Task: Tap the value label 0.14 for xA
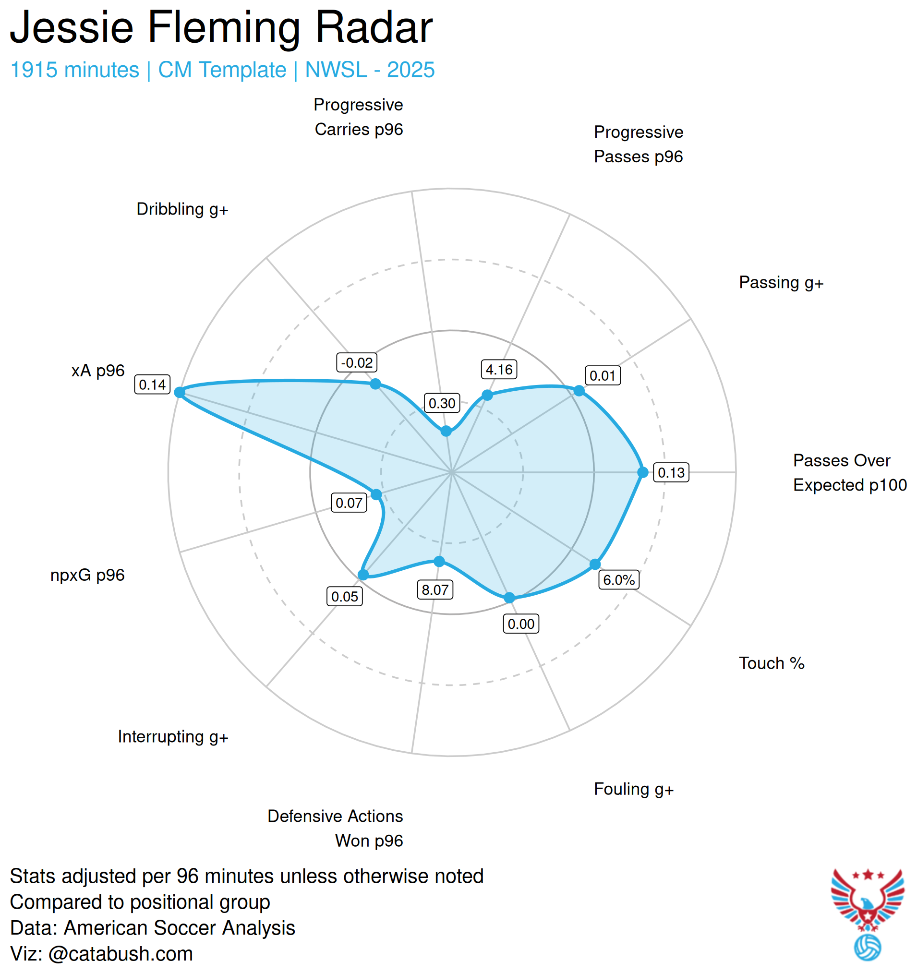[152, 384]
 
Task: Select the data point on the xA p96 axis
[180, 392]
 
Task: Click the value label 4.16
[499, 370]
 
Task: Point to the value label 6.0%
[619, 580]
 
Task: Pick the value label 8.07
[435, 590]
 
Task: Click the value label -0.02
[357, 363]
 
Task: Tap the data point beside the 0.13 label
[643, 472]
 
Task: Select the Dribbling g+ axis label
[182, 209]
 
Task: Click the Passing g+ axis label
[781, 283]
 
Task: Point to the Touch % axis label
[772, 663]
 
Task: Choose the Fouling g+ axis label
[634, 789]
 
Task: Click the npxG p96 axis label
[88, 575]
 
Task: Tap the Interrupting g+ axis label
[173, 737]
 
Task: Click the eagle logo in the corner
[867, 899]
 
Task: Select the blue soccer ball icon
[867, 948]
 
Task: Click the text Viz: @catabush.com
[101, 954]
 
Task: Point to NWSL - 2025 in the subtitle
[370, 70]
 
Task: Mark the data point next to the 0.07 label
[376, 494]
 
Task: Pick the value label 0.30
[442, 403]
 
